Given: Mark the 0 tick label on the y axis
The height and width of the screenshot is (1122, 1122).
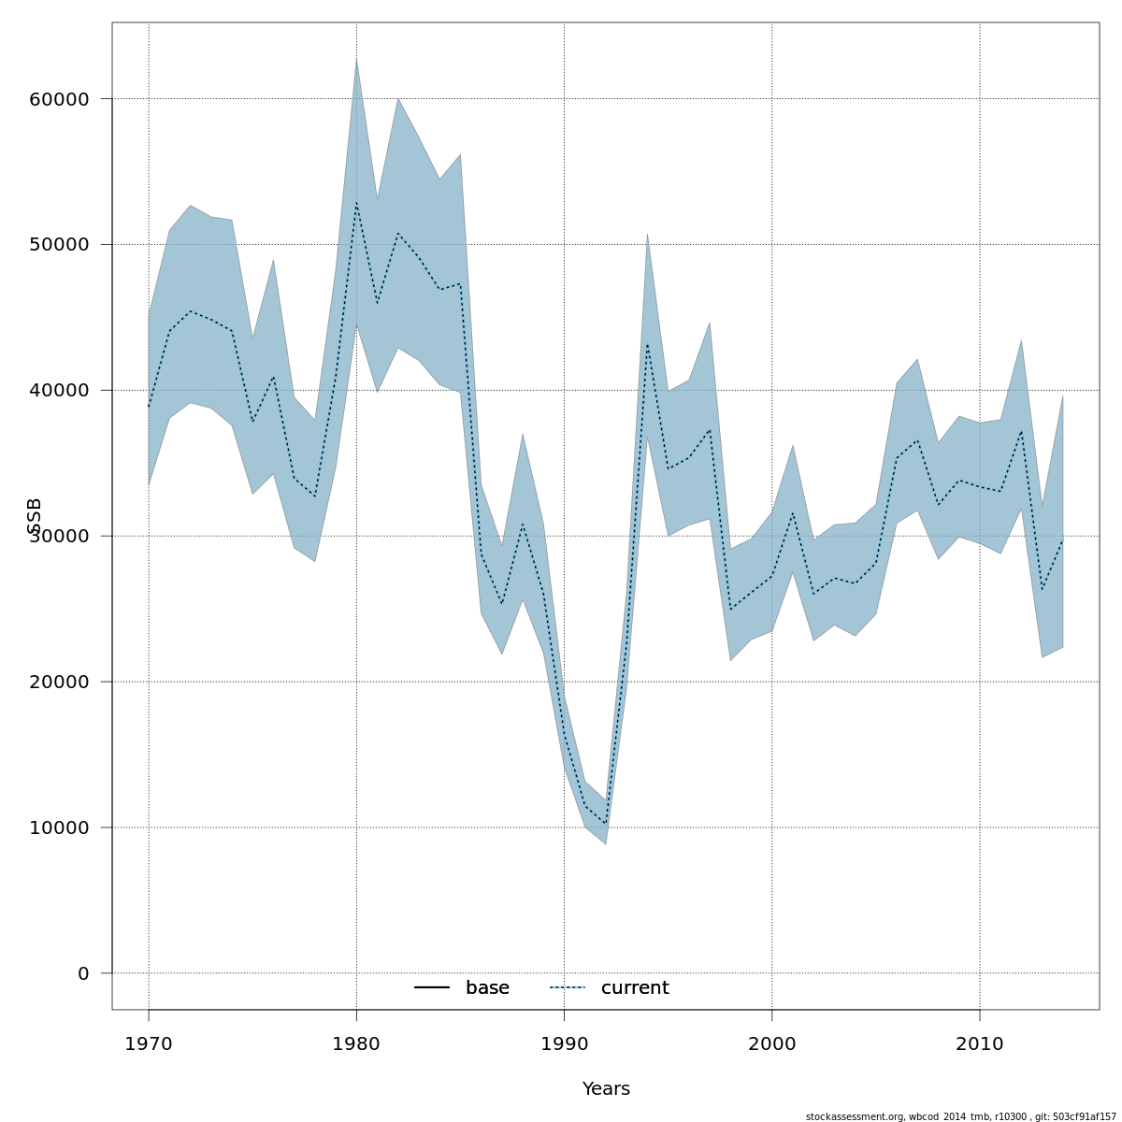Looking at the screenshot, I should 83,974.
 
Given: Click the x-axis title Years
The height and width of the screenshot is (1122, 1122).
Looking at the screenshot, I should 606,1089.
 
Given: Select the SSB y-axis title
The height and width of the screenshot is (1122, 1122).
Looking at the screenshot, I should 35,516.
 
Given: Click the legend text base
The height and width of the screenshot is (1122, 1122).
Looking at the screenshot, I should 487,988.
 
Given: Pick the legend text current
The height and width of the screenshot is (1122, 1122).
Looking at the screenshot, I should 635,988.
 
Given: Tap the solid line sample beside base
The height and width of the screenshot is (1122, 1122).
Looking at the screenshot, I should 432,988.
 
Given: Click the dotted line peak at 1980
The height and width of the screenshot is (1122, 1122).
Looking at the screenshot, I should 356,203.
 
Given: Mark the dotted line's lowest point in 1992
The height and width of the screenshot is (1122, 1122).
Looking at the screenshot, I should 606,823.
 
